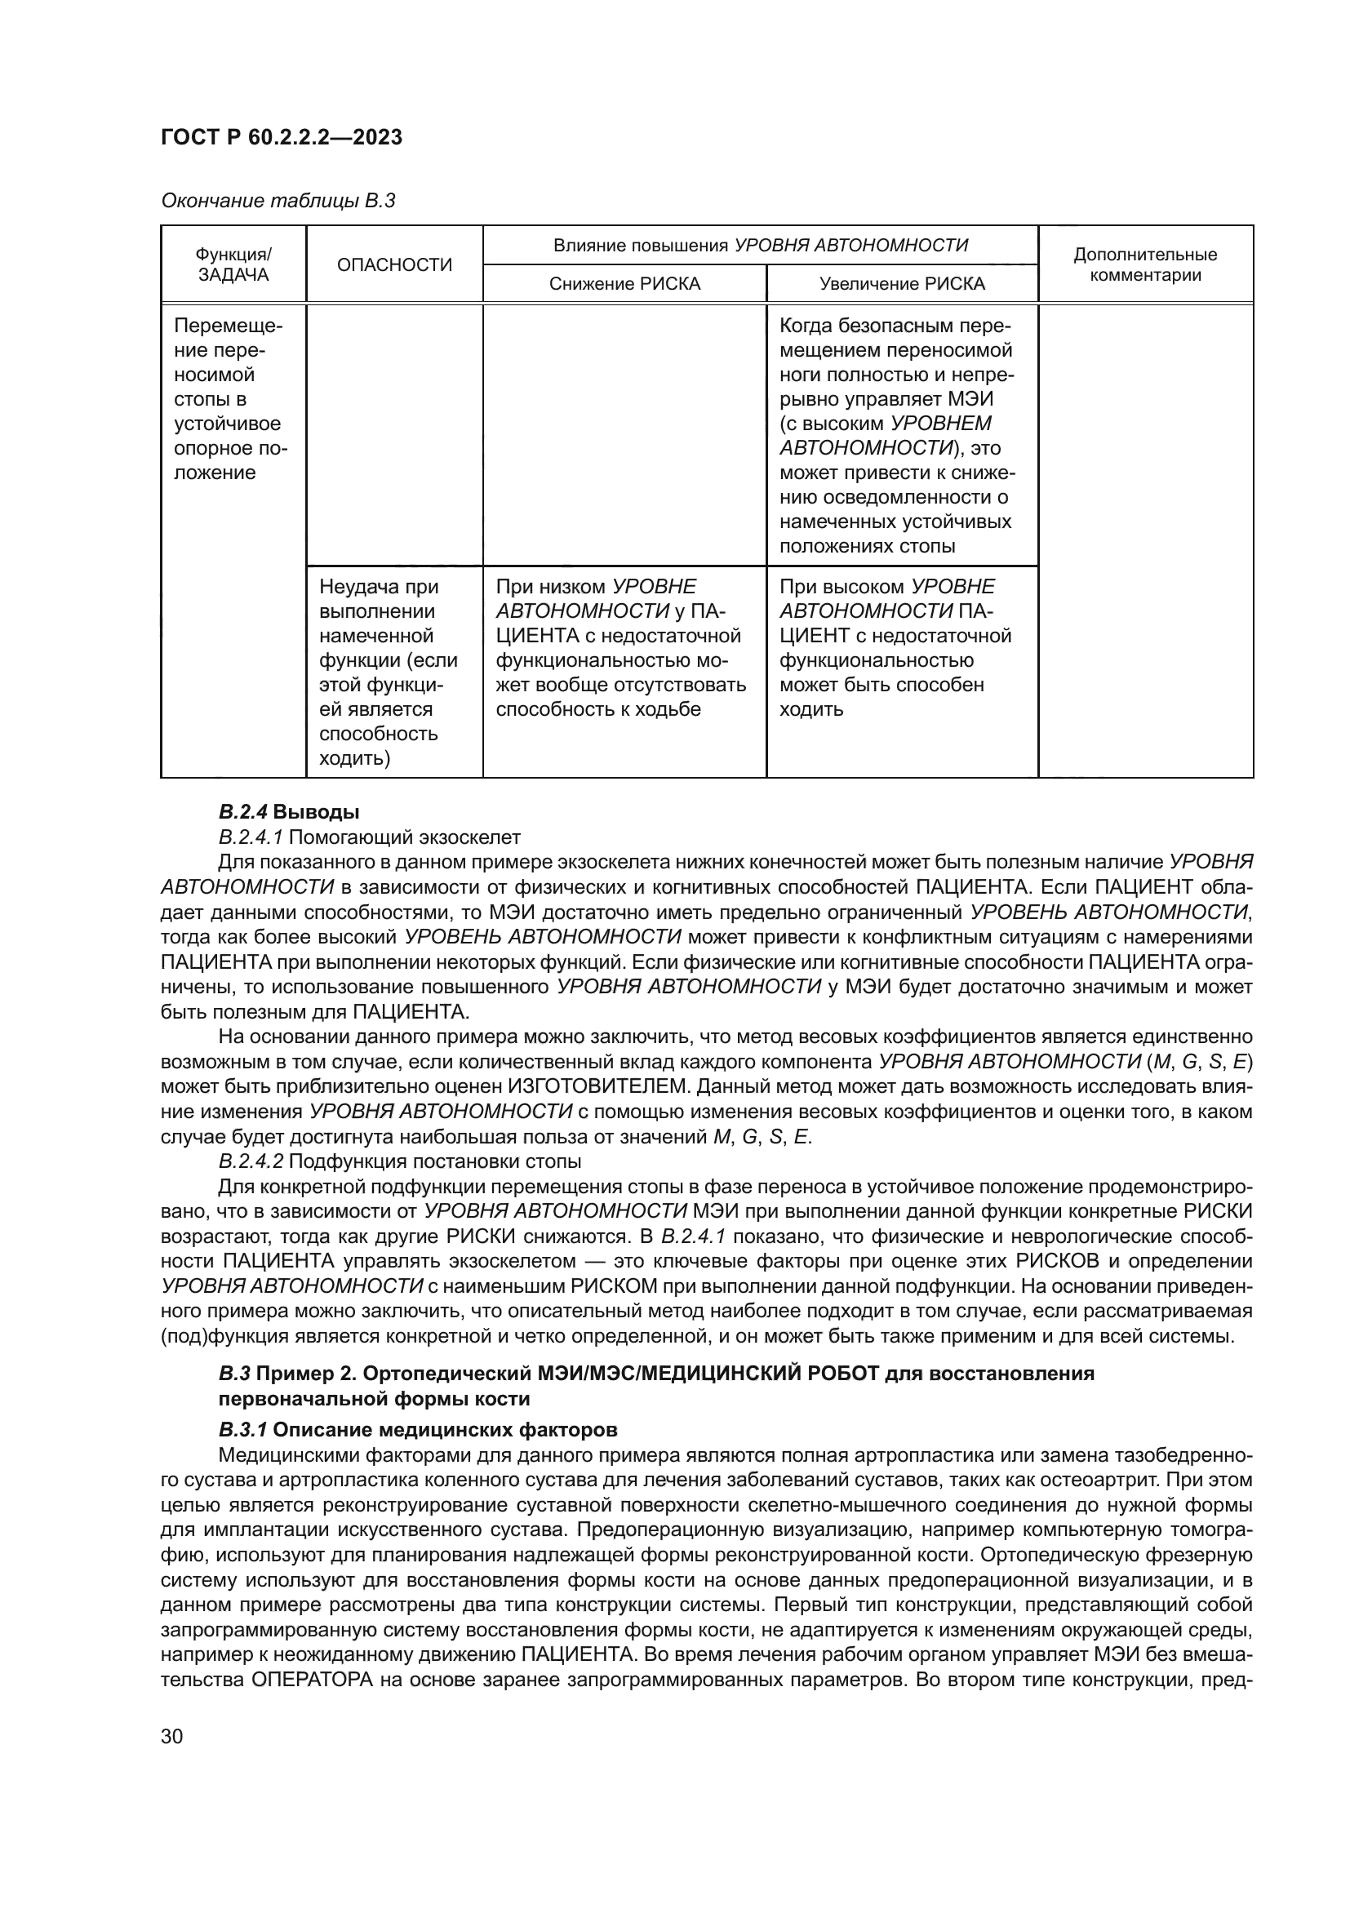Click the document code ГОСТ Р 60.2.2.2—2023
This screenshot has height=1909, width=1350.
(x=281, y=138)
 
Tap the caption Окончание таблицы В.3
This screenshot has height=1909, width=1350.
(x=278, y=202)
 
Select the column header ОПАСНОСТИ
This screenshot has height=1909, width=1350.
(x=394, y=265)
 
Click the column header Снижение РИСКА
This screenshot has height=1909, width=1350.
(x=624, y=284)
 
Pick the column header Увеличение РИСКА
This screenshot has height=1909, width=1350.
(x=902, y=284)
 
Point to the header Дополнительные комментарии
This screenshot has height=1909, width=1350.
(x=1144, y=264)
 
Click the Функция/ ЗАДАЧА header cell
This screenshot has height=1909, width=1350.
(x=233, y=264)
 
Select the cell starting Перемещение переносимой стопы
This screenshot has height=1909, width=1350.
(x=229, y=399)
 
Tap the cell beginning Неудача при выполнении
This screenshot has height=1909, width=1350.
(x=389, y=672)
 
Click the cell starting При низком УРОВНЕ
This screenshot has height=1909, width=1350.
(x=620, y=648)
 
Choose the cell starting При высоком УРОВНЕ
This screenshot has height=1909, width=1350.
(x=895, y=648)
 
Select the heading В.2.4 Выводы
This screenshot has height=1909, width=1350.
(x=288, y=811)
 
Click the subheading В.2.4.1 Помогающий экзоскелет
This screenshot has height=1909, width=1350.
(x=369, y=837)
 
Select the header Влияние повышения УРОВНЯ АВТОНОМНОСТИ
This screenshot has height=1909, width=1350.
(x=761, y=246)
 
